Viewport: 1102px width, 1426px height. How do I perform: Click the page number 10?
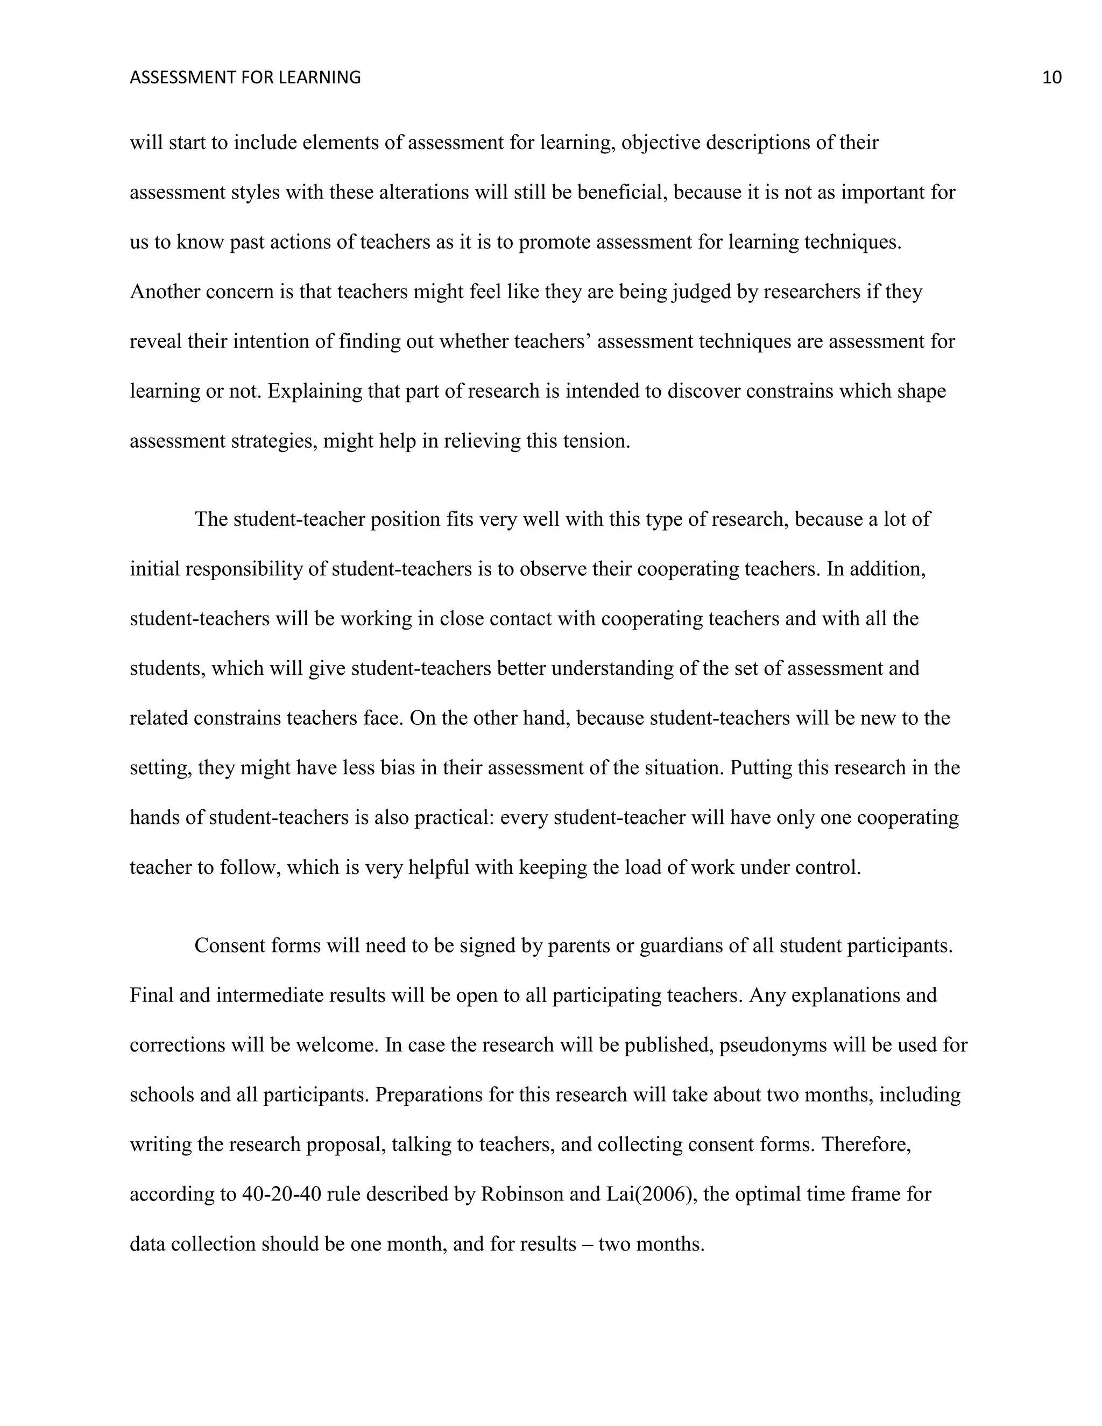1052,77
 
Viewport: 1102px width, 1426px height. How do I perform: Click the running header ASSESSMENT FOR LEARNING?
245,77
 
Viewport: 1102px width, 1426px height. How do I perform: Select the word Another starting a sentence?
165,291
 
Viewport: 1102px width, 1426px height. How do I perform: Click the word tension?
599,441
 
